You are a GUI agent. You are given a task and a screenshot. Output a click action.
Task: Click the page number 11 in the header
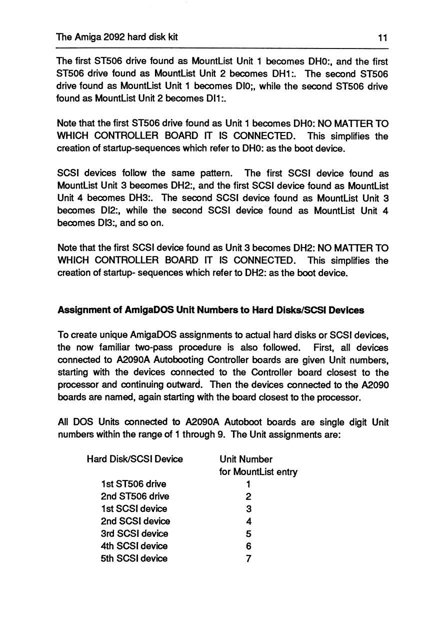click(383, 37)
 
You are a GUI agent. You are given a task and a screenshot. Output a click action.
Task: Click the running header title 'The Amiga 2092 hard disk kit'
click(117, 37)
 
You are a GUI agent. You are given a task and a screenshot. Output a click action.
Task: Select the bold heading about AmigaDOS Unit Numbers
click(210, 310)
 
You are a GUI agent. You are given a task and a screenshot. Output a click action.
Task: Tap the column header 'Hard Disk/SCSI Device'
click(134, 459)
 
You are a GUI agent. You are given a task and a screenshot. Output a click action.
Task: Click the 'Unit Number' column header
click(246, 459)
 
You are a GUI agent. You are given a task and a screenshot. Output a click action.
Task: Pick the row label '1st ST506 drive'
click(133, 484)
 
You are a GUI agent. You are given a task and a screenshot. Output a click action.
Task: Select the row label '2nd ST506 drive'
click(134, 496)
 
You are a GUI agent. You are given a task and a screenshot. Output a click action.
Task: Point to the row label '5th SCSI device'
click(134, 558)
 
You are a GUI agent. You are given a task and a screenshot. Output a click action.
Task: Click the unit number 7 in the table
click(248, 558)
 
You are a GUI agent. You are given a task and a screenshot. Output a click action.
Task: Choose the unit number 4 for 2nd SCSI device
click(248, 521)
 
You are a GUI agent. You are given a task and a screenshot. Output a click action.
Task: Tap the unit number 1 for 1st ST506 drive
click(248, 484)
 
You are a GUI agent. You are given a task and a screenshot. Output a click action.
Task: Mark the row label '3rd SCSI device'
click(134, 533)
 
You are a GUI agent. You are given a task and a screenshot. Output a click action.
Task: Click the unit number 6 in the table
click(248, 546)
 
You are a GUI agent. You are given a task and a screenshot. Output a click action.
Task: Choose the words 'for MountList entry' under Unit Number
click(258, 471)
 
